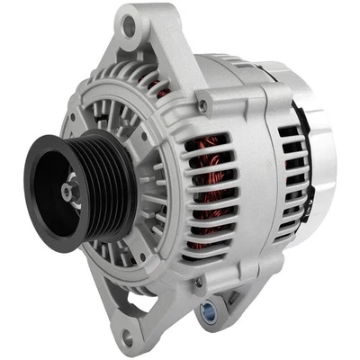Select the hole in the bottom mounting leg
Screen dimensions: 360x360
[125, 335]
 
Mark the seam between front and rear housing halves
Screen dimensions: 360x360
[261, 171]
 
